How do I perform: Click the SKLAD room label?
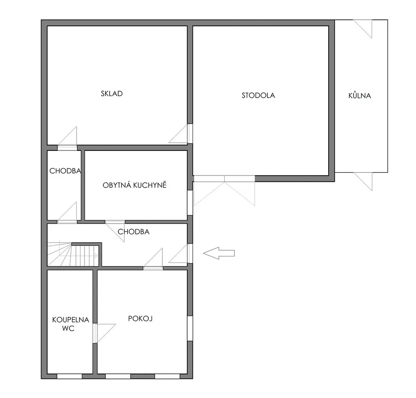pos(112,94)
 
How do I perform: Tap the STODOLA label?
pos(258,95)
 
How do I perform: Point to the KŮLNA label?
pos(360,95)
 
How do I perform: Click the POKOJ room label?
pos(140,318)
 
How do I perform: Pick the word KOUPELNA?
pos(71,320)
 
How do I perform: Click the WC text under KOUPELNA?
pos(68,329)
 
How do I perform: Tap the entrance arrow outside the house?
pos(219,253)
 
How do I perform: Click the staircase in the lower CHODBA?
pos(73,254)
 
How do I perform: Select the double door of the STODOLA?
pos(224,190)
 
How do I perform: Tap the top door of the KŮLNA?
pos(363,29)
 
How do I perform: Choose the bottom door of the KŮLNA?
pos(363,181)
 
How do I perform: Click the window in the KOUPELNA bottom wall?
pos(69,376)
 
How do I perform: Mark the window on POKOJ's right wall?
pos(190,328)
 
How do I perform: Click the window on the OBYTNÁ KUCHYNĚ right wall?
pos(190,202)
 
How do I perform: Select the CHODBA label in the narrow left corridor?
pos(65,171)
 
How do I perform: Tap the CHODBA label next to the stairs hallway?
pos(133,232)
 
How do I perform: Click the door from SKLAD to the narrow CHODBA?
pos(67,138)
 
